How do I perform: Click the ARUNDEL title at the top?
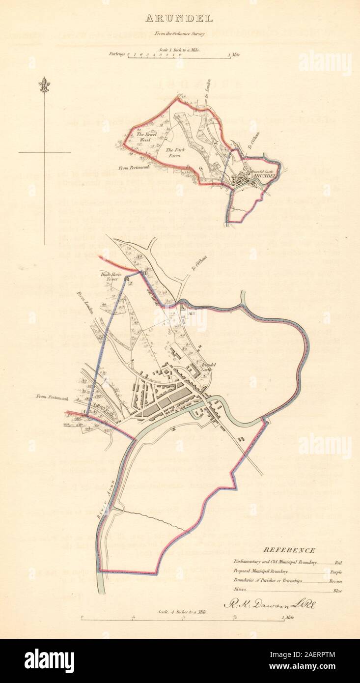(178, 19)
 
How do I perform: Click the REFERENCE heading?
(289, 550)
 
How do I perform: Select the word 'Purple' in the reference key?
(335, 572)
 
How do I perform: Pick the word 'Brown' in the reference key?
(335, 582)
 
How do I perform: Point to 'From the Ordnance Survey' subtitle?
(179, 33)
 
